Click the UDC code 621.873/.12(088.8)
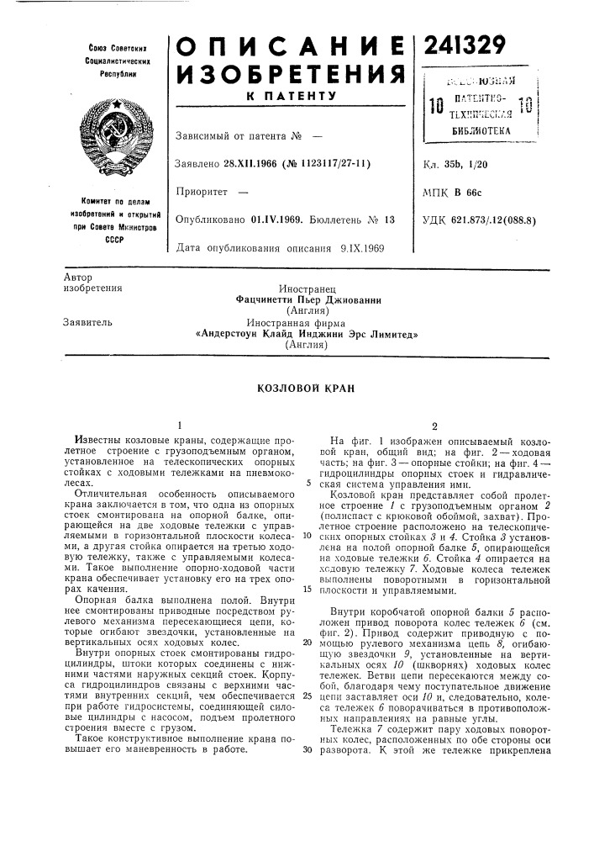505,220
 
